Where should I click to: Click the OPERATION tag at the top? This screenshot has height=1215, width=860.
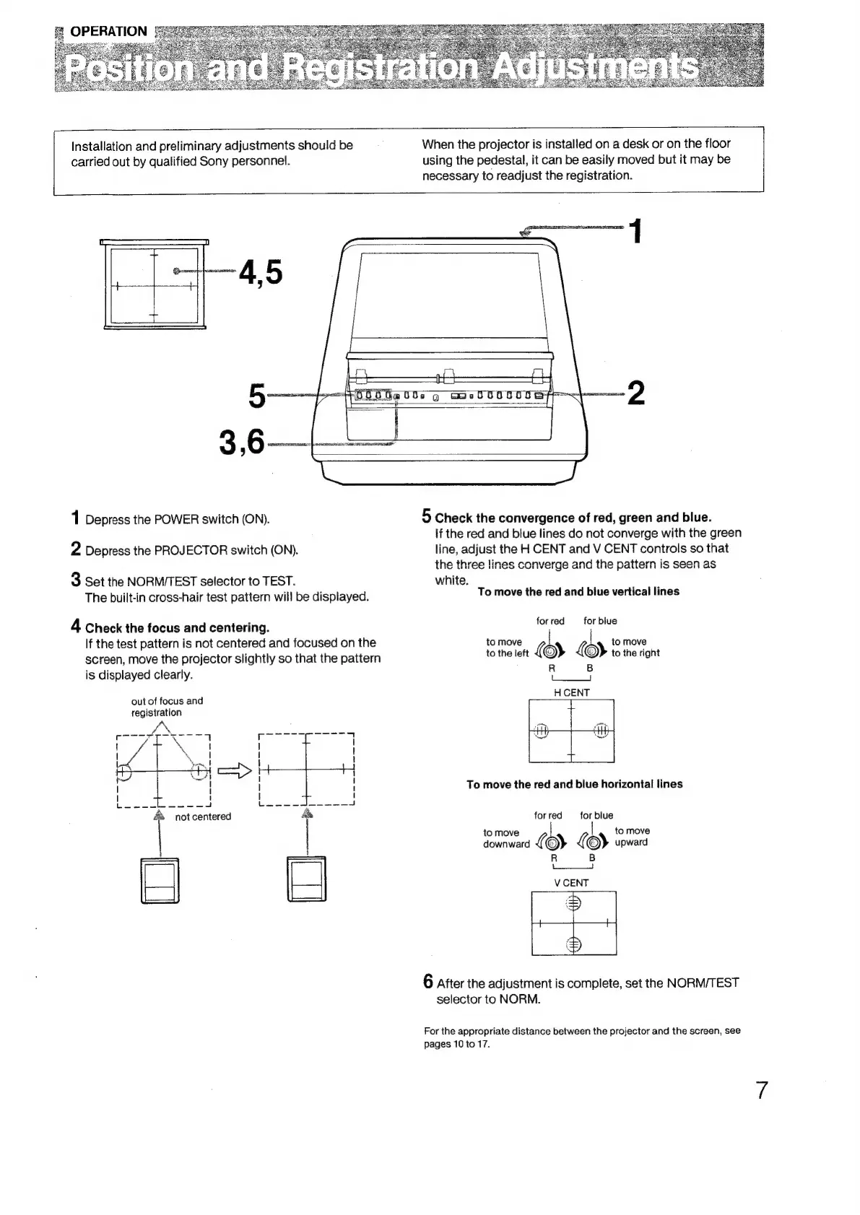(x=108, y=31)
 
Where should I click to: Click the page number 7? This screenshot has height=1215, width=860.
(x=761, y=1089)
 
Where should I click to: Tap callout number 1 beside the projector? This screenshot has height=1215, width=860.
(x=635, y=232)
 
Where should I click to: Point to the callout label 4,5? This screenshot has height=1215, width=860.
(x=261, y=273)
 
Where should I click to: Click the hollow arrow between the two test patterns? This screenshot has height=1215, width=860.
(x=238, y=770)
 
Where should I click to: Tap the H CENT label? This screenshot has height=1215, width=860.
(x=572, y=692)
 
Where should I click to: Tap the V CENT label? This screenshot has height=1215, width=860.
(x=571, y=882)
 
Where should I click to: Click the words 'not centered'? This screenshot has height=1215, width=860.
(x=203, y=816)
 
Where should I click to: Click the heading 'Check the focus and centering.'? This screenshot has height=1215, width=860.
(x=177, y=627)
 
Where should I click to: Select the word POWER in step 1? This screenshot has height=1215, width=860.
(x=173, y=520)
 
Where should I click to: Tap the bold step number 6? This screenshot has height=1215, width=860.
(x=428, y=981)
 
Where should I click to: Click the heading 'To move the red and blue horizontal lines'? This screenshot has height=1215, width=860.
(x=574, y=784)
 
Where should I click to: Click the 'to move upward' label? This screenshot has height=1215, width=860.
(x=632, y=836)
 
